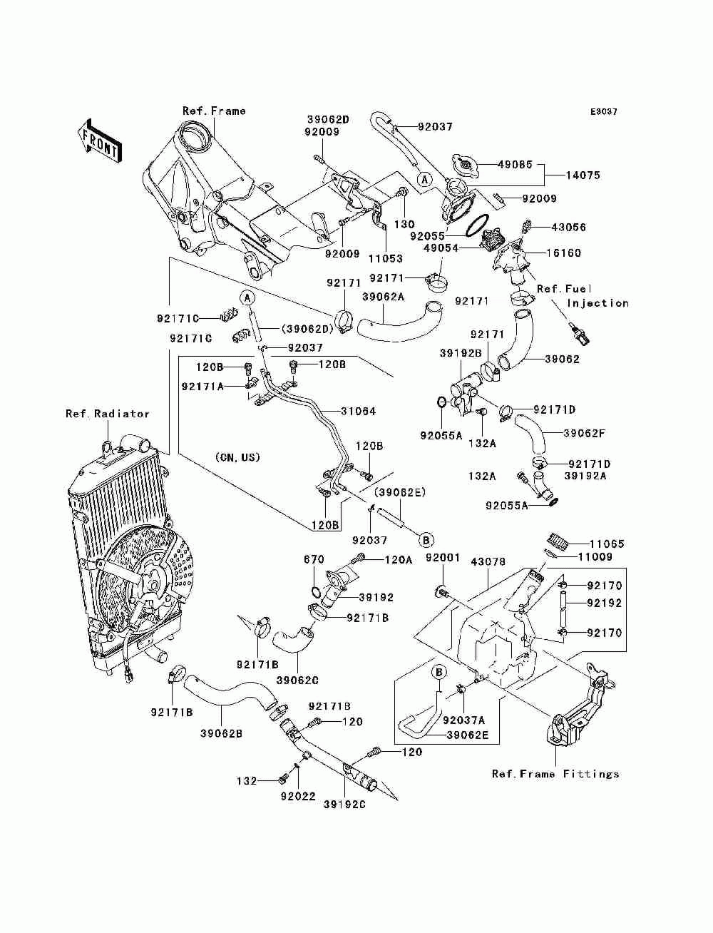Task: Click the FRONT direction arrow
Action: (100, 141)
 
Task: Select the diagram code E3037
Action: (604, 112)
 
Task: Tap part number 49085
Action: (515, 164)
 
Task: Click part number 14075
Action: (583, 175)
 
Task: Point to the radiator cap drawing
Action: (466, 166)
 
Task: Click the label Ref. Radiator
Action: (108, 414)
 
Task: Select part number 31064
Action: (358, 411)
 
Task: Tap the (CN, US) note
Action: (237, 457)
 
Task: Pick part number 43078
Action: (488, 561)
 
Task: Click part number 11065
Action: (607, 544)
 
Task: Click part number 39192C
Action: (344, 804)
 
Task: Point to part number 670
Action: (314, 559)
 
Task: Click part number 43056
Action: (568, 227)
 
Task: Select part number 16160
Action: (563, 253)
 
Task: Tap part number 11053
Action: (386, 258)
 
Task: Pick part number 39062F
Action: (584, 434)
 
